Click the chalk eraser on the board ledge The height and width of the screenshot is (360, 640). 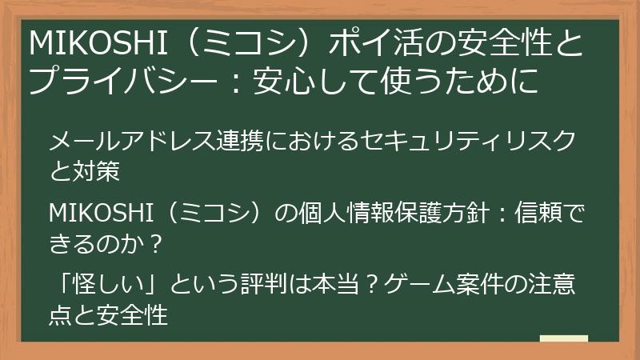(x=563, y=339)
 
